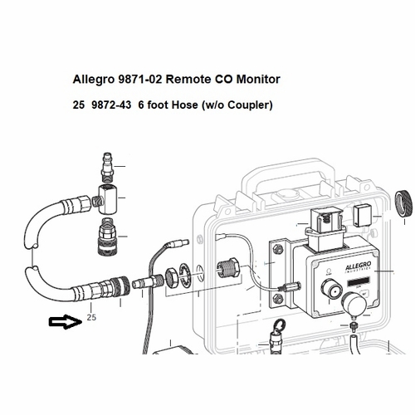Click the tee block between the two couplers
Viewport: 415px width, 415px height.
[106, 197]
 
